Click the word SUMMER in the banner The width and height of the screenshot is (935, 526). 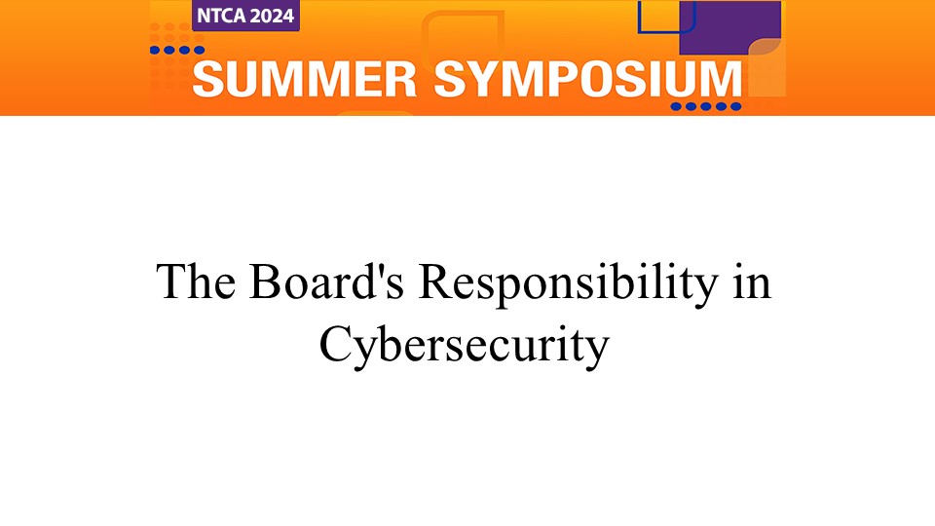(304, 79)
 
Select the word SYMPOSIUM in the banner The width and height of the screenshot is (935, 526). (587, 79)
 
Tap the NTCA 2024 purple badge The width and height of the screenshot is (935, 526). (245, 16)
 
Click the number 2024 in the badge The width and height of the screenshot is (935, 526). (271, 17)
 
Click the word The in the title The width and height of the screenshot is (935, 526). (196, 281)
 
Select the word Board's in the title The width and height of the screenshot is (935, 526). (327, 281)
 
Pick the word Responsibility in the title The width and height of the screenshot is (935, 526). (569, 284)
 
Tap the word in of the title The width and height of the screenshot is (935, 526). (753, 281)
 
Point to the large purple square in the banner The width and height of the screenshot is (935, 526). (730, 27)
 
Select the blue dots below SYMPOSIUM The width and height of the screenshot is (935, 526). (706, 107)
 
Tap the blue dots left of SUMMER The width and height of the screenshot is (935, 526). (177, 50)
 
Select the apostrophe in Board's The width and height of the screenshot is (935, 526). (379, 270)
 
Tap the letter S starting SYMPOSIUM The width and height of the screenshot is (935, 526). (451, 79)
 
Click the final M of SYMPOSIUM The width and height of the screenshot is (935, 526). (721, 79)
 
